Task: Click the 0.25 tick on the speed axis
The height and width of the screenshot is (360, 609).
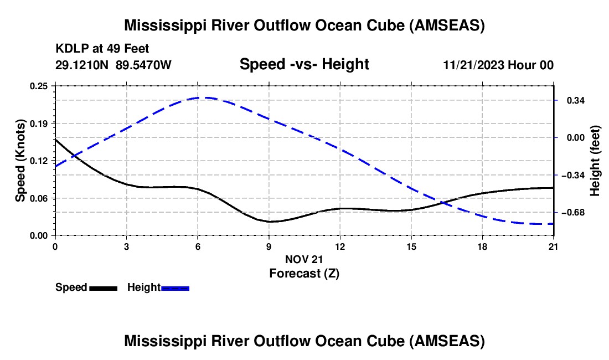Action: (39, 86)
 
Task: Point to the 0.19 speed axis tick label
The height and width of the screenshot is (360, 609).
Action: (39, 124)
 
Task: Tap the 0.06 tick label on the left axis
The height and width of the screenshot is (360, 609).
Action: (39, 198)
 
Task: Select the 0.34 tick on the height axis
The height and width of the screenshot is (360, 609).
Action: (576, 101)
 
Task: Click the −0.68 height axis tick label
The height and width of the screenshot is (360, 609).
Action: (573, 213)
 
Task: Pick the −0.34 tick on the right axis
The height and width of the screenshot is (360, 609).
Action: (573, 176)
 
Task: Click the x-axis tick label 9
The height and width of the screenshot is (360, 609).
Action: (269, 246)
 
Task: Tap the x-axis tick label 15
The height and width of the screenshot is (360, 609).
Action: (411, 246)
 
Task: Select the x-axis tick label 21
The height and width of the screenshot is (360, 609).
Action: (553, 246)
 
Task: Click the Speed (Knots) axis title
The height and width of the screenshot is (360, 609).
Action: (20, 161)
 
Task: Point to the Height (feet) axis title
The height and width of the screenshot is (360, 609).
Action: (595, 161)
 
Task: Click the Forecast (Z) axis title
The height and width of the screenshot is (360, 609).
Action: (304, 274)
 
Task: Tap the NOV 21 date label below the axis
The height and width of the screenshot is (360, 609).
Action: (304, 259)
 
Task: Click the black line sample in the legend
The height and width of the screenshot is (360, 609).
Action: (104, 288)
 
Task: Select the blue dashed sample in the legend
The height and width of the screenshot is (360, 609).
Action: (175, 288)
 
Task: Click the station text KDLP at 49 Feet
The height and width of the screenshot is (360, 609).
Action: (102, 49)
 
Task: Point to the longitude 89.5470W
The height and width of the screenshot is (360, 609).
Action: (143, 65)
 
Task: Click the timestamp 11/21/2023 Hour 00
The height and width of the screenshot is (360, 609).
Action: (498, 65)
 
